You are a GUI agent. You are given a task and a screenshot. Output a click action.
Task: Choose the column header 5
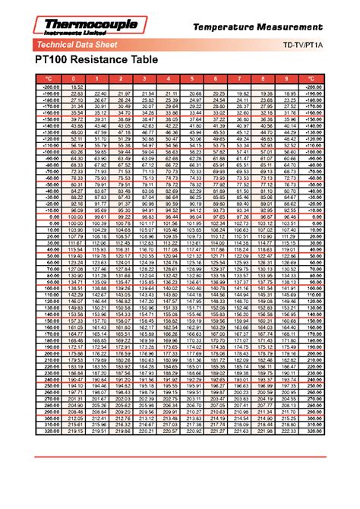tap(193, 78)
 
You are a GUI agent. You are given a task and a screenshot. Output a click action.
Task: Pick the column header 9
tap(287, 78)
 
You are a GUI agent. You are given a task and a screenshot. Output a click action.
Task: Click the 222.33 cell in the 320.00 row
tap(287, 432)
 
